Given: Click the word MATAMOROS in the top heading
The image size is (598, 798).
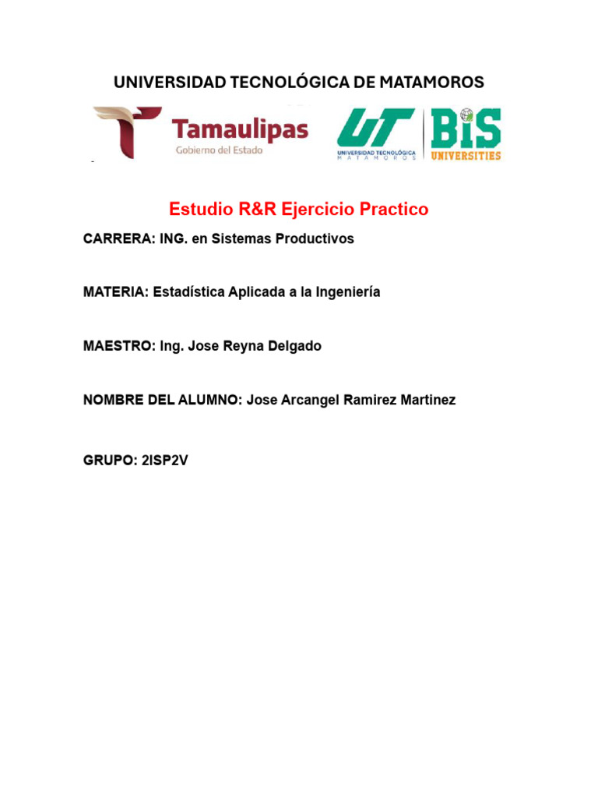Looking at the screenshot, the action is coord(431,82).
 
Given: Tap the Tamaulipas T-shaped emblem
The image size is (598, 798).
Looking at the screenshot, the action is coord(128,132).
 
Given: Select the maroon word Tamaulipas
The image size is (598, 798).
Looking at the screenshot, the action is coord(240,130).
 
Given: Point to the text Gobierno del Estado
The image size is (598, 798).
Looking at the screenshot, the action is coord(219,150).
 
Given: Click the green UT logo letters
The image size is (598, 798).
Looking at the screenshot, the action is coord(375,128).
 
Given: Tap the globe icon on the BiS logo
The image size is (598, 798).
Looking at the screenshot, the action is coord(466,115).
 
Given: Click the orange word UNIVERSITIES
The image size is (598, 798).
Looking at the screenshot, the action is coord(466,155).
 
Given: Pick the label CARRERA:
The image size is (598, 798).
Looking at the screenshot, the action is coord(119,238).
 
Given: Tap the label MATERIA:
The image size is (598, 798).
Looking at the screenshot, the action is coord(116,291).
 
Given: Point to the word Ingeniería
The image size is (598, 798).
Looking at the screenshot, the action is coord(348,292).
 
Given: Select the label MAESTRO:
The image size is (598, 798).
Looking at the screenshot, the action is coord(119,345).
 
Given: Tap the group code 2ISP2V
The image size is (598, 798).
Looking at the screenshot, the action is coord(165,460).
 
